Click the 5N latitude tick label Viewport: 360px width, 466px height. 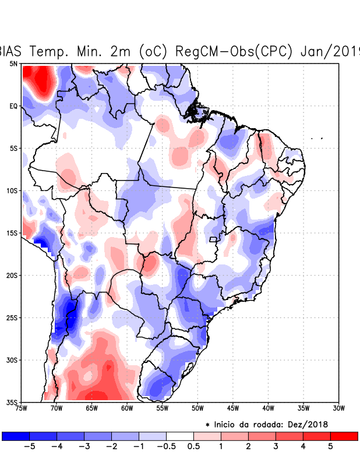[13, 63]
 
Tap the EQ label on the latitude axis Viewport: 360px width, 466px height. [13, 106]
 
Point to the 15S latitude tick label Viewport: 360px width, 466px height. [12, 233]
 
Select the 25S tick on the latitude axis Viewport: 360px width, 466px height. [12, 317]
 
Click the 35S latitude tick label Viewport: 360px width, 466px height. [12, 402]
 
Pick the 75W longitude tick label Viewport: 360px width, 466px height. [22, 408]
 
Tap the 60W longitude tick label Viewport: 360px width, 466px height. [126, 408]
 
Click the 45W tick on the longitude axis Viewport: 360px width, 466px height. [232, 408]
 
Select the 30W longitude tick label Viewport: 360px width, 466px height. [338, 408]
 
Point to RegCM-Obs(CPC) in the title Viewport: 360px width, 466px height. [228, 51]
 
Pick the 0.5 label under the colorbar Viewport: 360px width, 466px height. [193, 447]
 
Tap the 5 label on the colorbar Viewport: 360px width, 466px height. [330, 447]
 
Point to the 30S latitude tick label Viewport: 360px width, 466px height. [12, 360]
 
